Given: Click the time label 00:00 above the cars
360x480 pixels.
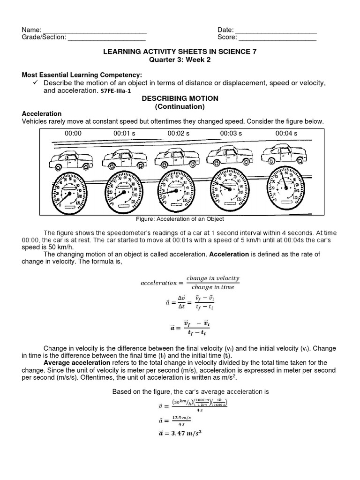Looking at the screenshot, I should (x=73, y=134).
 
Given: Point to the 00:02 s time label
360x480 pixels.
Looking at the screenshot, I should (x=179, y=134).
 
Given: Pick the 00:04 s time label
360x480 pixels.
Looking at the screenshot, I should (x=286, y=134).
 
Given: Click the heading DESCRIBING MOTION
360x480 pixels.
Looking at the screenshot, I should (x=180, y=98).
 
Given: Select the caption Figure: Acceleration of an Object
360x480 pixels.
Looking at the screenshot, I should (x=180, y=219).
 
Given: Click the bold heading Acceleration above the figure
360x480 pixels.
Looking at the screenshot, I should (x=42, y=114).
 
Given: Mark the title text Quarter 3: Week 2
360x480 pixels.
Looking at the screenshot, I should (x=180, y=60).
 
